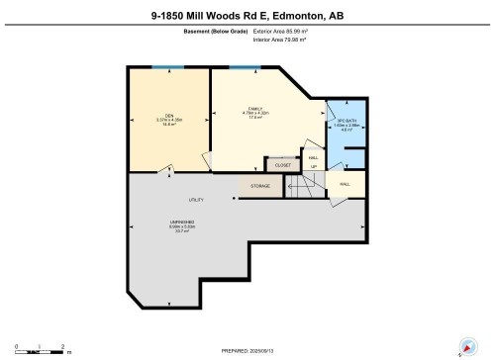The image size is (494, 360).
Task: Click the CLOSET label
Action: pyautogui.click(x=283, y=165)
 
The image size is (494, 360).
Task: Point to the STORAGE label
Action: pyautogui.click(x=260, y=185)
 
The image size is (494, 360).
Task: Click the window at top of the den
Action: pyautogui.click(x=168, y=67)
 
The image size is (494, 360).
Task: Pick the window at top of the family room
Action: pyautogui.click(x=245, y=67)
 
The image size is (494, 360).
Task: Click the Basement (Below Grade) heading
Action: pyautogui.click(x=216, y=32)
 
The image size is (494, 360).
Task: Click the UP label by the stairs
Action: pyautogui.click(x=314, y=166)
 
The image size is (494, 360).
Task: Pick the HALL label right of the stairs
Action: pyautogui.click(x=346, y=184)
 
